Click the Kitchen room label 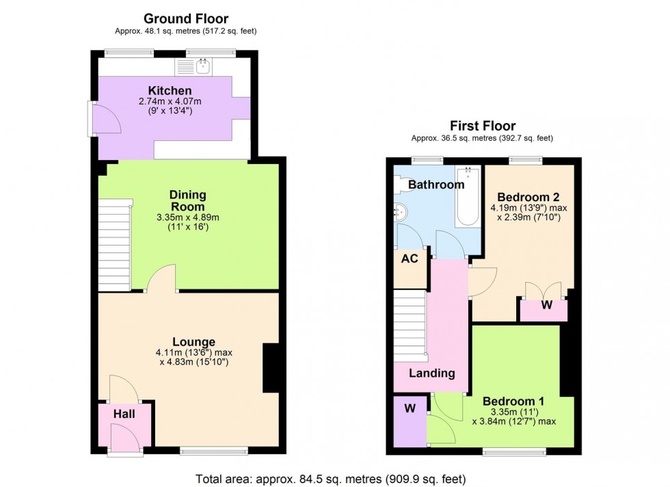pos(170,90)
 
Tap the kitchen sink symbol pos(202,66)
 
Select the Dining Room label pos(187,200)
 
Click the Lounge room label pos(193,342)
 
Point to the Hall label pos(124,414)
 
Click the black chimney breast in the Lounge pos(271,367)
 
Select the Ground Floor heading pos(186,19)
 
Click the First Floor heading pos(482,126)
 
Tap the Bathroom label pos(436,185)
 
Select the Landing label pos(432,373)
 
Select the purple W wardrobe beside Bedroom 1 pos(410,410)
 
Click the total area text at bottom pos(331,477)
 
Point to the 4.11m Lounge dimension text pos(193,354)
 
